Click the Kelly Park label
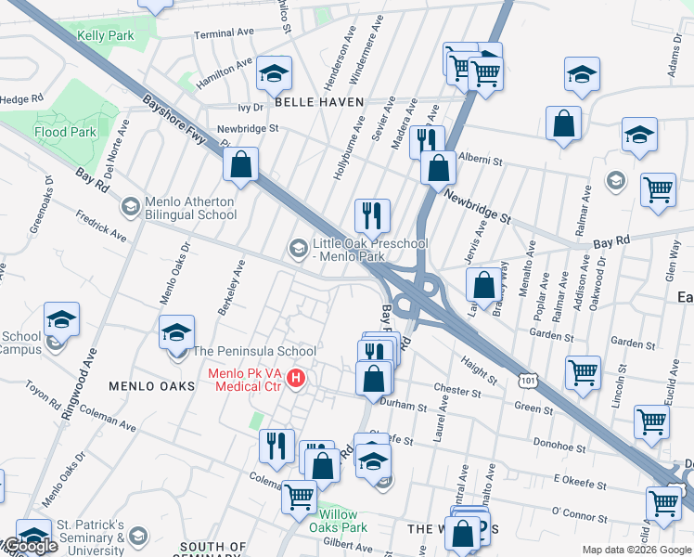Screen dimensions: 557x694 [x=105, y=36]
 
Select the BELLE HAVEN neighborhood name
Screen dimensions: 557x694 [x=316, y=101]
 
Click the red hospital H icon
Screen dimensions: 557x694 [x=296, y=379]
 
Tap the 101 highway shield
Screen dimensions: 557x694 [x=528, y=380]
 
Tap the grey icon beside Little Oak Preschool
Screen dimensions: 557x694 [x=298, y=247]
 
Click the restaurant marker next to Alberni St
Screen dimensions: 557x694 [x=426, y=141]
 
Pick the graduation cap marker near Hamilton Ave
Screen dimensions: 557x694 [x=274, y=72]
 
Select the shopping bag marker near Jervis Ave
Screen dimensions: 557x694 [x=482, y=285]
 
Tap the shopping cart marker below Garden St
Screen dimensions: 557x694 [x=582, y=373]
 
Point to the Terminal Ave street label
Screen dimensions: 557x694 [x=224, y=33]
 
